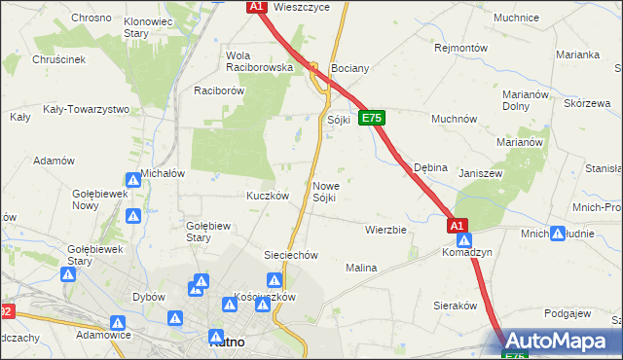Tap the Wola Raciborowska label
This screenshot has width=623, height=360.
pyautogui.click(x=259, y=61)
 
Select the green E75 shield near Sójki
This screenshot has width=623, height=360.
pyautogui.click(x=372, y=118)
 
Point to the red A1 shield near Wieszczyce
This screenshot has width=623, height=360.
pyautogui.click(x=256, y=7)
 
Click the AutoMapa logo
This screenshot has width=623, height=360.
pyautogui.click(x=559, y=341)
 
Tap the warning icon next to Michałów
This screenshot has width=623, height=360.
pyautogui.click(x=133, y=180)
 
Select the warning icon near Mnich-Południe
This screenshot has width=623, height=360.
pyautogui.click(x=558, y=234)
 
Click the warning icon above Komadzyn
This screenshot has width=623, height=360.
pyautogui.click(x=465, y=239)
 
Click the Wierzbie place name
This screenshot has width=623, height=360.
pyautogui.click(x=385, y=231)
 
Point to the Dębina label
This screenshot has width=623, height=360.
pyautogui.click(x=430, y=167)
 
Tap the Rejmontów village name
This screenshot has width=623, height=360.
pyautogui.click(x=459, y=47)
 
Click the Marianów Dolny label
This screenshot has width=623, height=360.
pyautogui.click(x=528, y=100)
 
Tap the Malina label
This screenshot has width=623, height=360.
pyautogui.click(x=361, y=267)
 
